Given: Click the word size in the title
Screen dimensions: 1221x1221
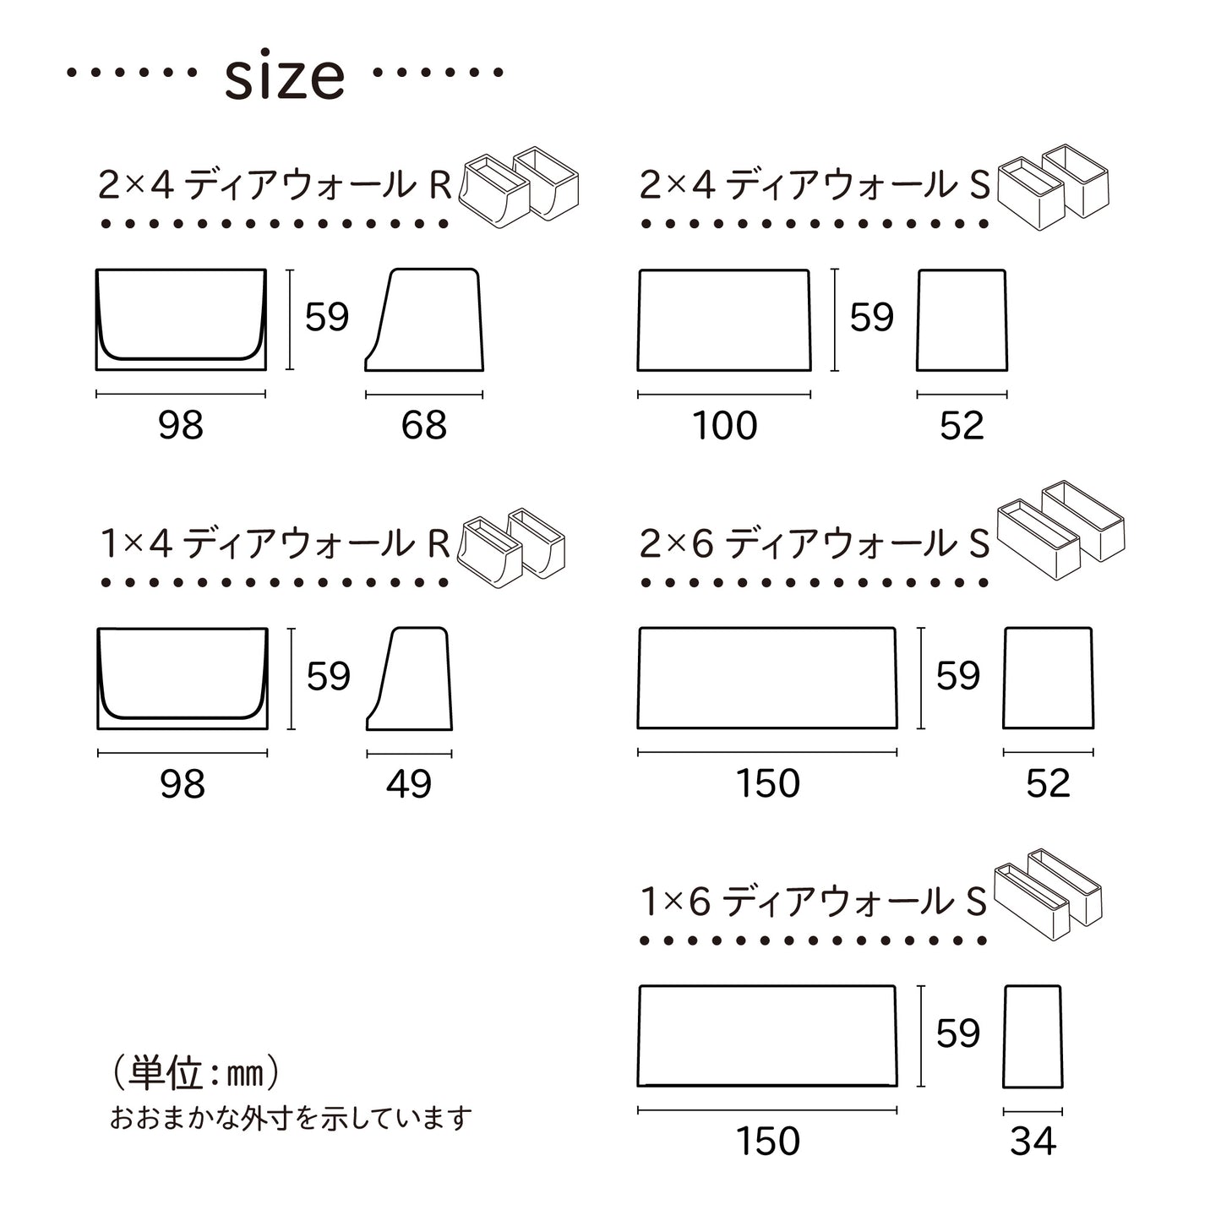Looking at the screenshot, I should tap(285, 77).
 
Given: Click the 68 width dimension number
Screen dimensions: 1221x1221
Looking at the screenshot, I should tap(423, 425).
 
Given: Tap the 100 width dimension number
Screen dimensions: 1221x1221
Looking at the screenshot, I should tap(724, 425).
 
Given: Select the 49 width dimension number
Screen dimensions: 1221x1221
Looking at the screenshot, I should tap(409, 784).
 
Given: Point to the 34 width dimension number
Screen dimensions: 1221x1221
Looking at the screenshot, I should tap(1033, 1142).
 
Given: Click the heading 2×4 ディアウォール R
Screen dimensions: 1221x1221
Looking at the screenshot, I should tap(275, 185).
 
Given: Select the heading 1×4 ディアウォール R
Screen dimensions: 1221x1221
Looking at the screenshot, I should tap(275, 543).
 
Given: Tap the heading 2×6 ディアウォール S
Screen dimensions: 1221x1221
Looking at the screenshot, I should tap(815, 543).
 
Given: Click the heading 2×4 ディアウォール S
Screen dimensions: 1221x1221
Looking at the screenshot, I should tap(815, 185).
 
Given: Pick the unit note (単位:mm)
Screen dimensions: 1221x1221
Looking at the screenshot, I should tap(195, 1073).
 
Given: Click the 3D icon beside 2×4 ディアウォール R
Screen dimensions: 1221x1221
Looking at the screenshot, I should tap(519, 188).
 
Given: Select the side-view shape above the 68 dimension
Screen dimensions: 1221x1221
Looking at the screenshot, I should tap(424, 320).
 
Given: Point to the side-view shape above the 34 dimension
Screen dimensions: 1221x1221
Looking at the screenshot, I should tap(1033, 1037).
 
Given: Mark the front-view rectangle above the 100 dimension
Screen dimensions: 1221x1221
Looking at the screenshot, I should tap(724, 320).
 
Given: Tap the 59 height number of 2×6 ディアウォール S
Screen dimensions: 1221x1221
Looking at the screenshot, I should tap(957, 676).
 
